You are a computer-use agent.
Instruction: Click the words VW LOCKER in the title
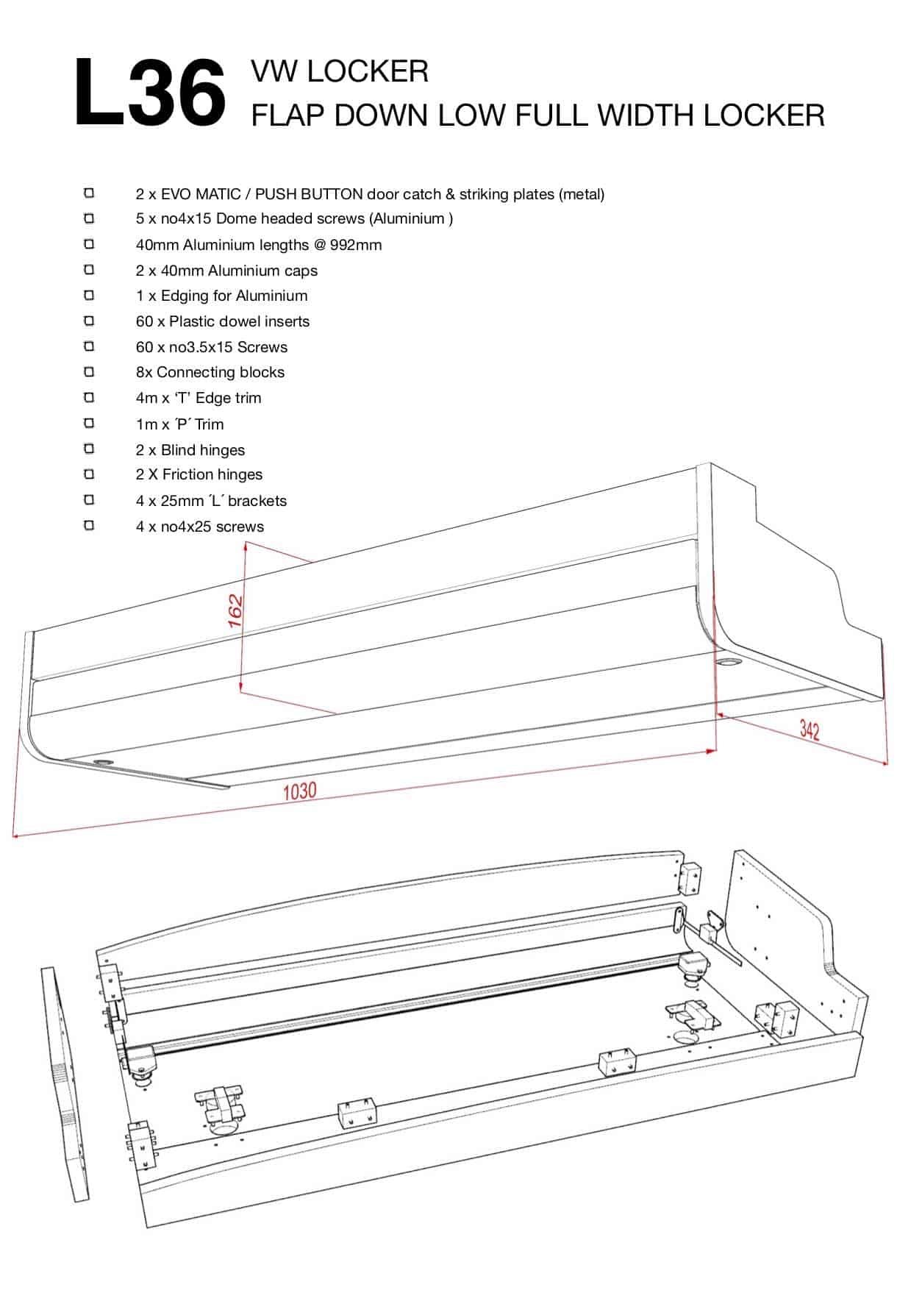[x=339, y=71]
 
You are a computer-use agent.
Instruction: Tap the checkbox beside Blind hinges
[x=89, y=449]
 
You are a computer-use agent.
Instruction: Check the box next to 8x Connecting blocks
[x=89, y=371]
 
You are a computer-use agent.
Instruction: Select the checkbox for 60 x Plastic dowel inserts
[x=89, y=321]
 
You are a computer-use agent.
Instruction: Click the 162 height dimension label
[x=235, y=610]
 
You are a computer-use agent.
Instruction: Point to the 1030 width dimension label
[x=300, y=791]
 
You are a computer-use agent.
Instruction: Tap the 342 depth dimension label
[x=809, y=730]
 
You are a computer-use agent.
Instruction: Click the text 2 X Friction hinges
[x=199, y=474]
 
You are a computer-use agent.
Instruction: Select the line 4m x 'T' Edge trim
[x=199, y=398]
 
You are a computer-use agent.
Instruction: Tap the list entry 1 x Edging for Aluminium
[x=221, y=296]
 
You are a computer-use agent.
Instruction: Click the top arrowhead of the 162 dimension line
[x=247, y=545]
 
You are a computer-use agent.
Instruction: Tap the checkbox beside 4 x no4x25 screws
[x=89, y=525]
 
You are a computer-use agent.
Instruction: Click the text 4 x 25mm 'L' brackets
[x=211, y=501]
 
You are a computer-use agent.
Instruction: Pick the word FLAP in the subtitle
[x=287, y=115]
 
